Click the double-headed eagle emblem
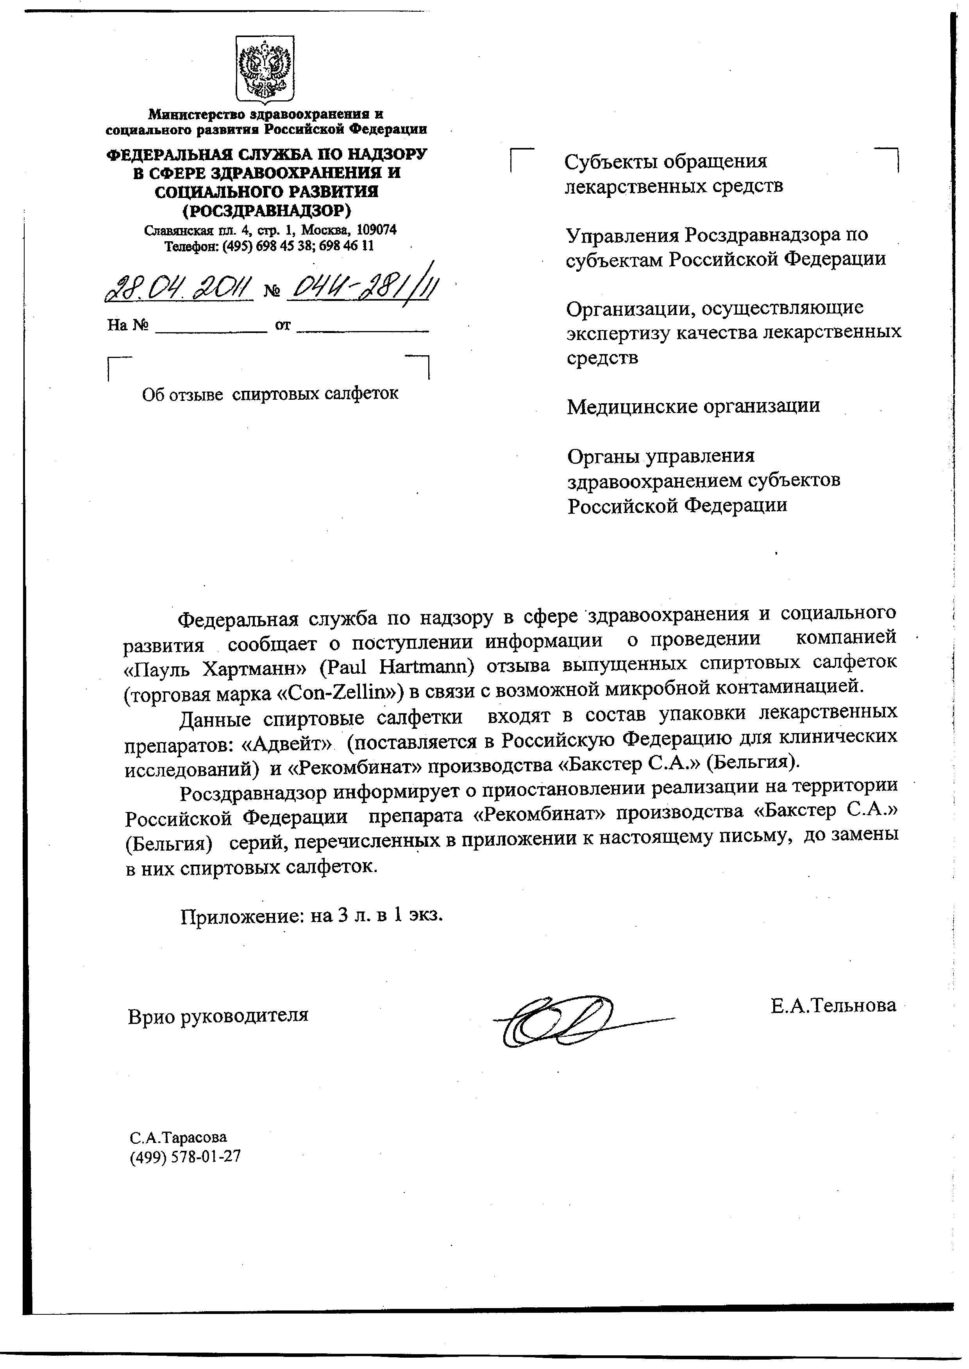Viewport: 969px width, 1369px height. (265, 69)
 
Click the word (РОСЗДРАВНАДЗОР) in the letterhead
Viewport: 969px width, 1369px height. (266, 210)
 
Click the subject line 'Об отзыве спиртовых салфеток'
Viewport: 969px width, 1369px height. (270, 393)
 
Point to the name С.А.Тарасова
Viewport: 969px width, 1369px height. (179, 1137)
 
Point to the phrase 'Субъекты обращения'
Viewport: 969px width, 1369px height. (665, 161)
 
